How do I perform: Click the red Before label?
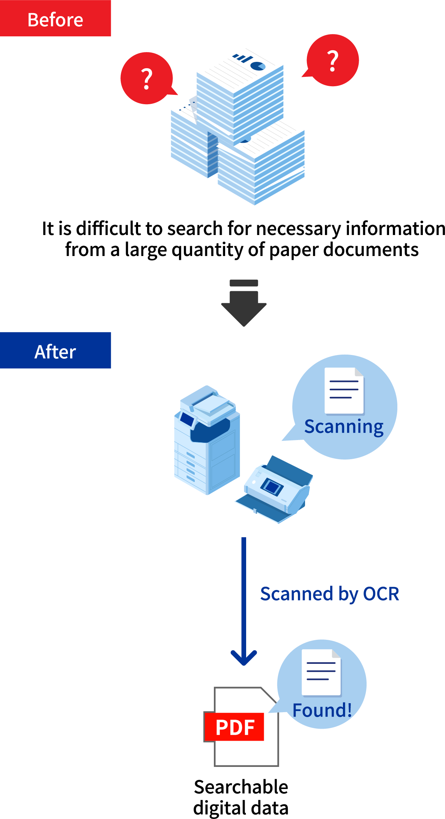click(x=55, y=18)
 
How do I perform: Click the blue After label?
click(x=55, y=350)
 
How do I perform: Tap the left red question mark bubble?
click(x=147, y=78)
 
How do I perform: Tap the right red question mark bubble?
click(x=333, y=60)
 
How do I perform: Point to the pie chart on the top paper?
click(x=258, y=66)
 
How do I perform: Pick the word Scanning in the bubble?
click(x=344, y=427)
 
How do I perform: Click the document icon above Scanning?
click(x=344, y=391)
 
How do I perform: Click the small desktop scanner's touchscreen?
click(x=272, y=487)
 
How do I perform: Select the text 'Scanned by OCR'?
click(x=329, y=594)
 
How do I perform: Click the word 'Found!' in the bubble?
click(x=322, y=710)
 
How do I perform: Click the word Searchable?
click(x=241, y=787)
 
